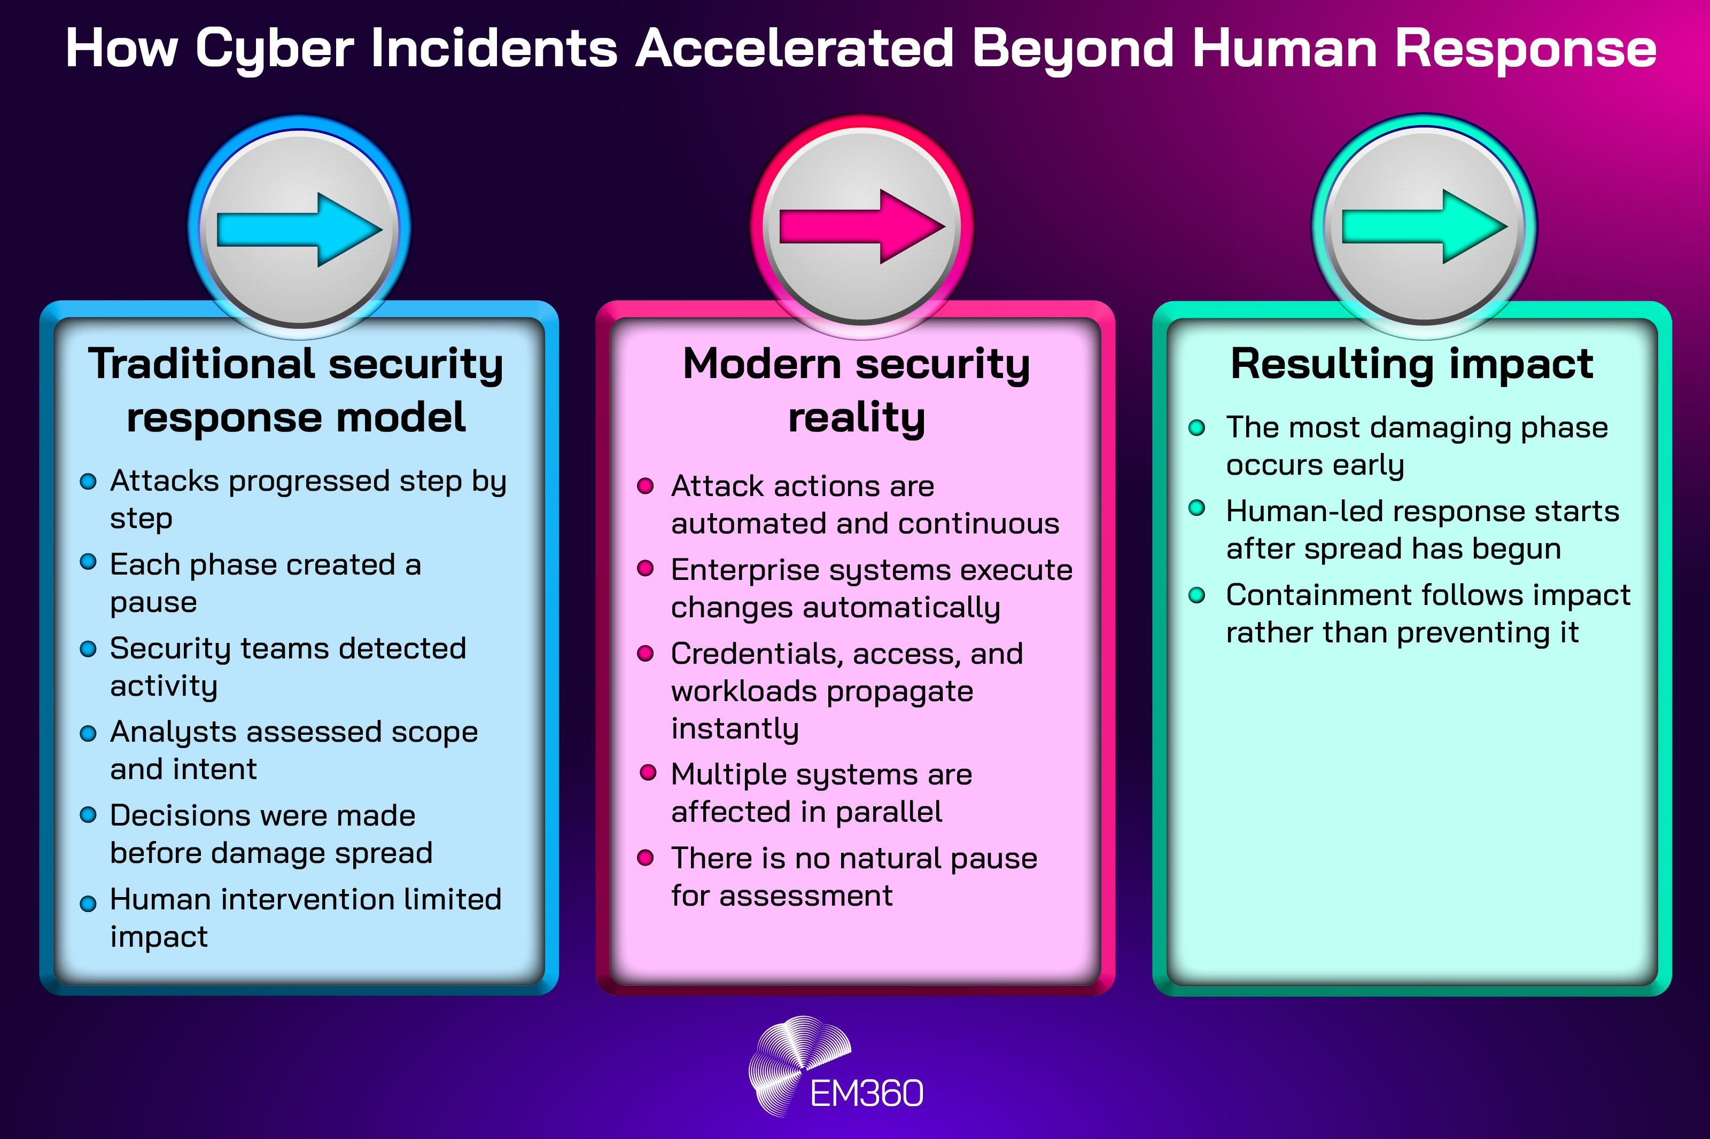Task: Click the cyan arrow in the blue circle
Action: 299,230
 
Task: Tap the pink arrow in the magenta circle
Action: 862,226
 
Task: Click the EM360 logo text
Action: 866,1093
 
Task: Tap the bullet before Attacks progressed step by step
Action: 88,482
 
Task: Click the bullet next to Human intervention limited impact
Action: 88,903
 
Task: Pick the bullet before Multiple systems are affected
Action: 648,772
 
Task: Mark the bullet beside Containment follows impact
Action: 1196,595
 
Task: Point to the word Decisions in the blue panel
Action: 172,816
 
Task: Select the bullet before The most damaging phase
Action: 1196,427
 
